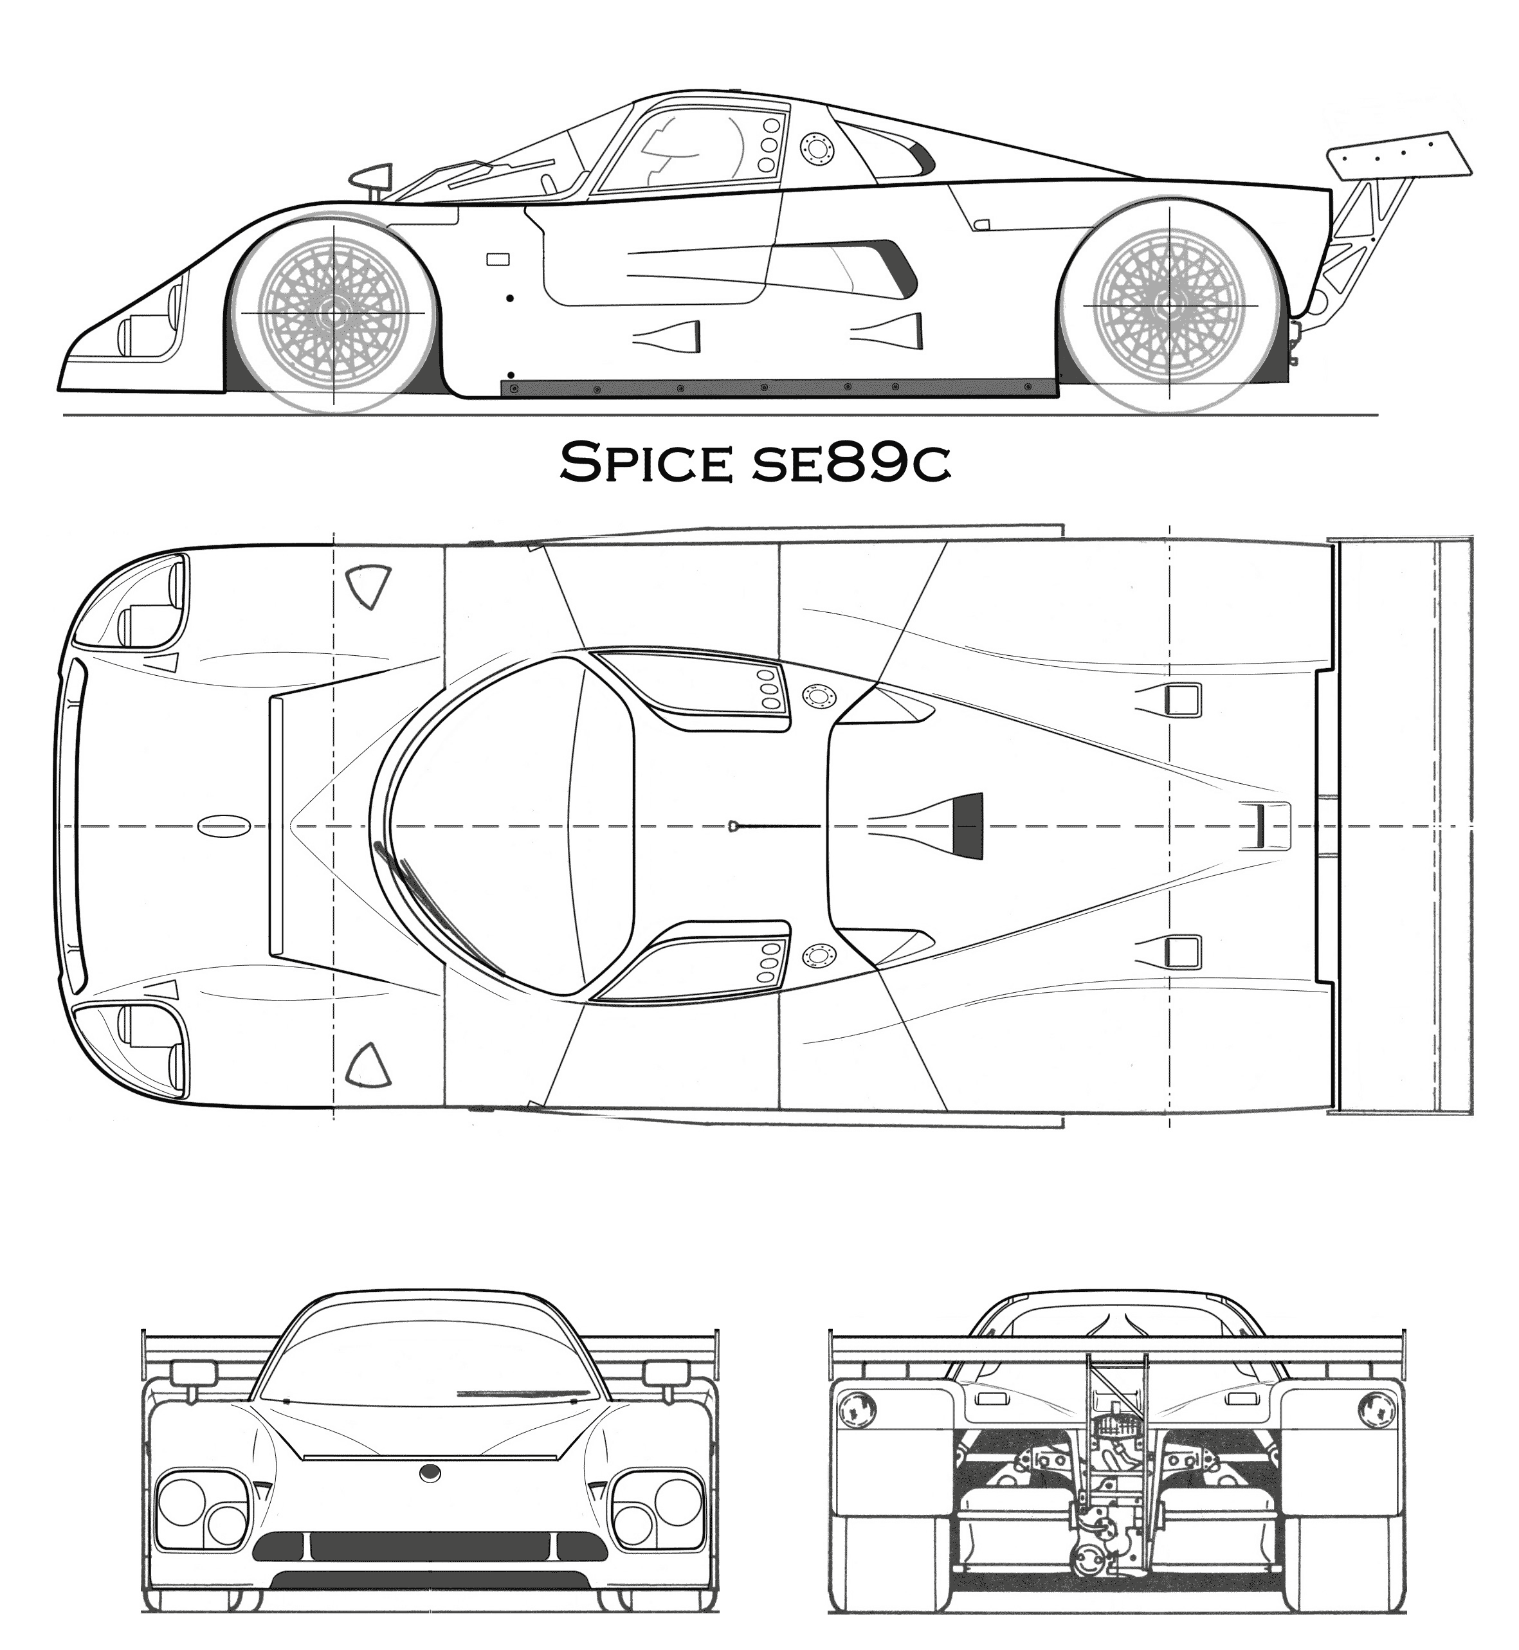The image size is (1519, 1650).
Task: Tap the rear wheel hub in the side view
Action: pyautogui.click(x=1170, y=305)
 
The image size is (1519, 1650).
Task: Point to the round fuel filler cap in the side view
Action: pyautogui.click(x=816, y=149)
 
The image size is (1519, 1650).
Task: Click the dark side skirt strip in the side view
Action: pyautogui.click(x=778, y=388)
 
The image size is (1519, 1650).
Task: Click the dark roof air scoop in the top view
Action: pyautogui.click(x=967, y=827)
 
